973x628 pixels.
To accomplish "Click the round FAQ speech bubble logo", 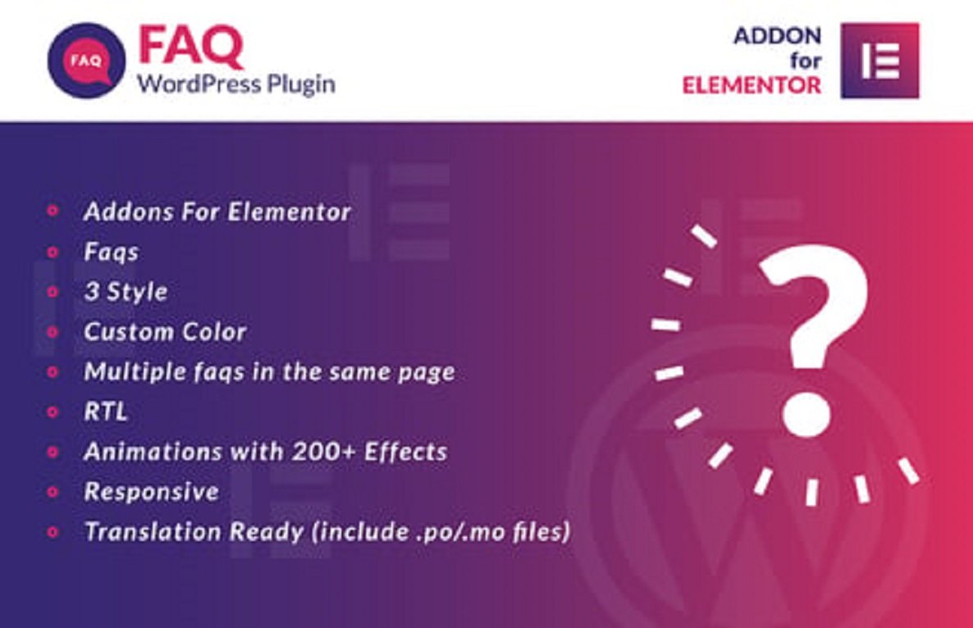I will point(87,61).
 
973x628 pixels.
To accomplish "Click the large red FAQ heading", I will point(190,48).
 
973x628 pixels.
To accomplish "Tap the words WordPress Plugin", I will point(236,84).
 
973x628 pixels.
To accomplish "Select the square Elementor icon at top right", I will point(880,61).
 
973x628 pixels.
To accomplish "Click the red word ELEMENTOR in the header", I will point(752,84).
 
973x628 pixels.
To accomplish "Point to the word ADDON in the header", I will point(777,36).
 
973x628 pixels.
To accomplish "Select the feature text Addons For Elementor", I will point(217,212).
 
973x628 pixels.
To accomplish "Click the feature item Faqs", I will point(111,252).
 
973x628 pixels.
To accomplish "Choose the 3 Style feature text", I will point(126,292).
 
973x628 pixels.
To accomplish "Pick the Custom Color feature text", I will point(165,332).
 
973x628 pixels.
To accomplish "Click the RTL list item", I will point(106,412).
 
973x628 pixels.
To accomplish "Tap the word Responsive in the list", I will point(152,491).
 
